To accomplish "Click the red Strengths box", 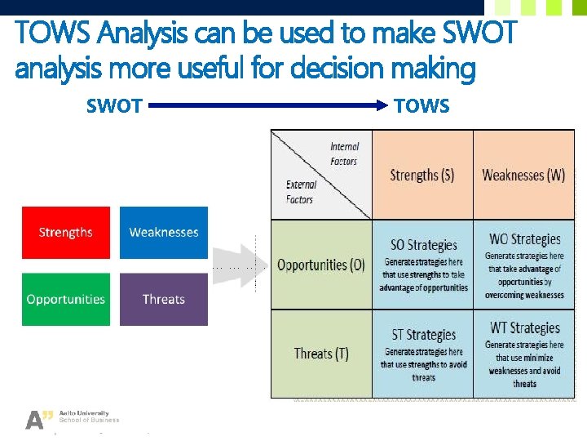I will [x=65, y=233].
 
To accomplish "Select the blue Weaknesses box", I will [x=164, y=233].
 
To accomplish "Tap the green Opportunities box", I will [x=65, y=299].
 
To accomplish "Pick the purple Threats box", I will [x=164, y=299].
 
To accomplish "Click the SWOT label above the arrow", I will [x=114, y=106].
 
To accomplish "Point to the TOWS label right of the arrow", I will [x=421, y=106].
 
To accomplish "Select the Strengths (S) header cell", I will [x=422, y=175].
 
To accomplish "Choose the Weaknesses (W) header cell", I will [x=523, y=175].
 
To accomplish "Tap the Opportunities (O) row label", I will [x=321, y=265].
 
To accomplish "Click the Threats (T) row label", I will [x=321, y=354].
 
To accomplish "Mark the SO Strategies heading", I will [x=423, y=245].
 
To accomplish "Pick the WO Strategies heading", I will [x=524, y=239].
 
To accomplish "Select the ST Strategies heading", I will [x=423, y=335].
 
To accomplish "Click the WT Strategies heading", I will [x=524, y=328].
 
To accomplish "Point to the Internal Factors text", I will [x=344, y=154].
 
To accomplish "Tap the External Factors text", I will [x=300, y=192].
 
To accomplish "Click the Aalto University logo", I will [x=72, y=418].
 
